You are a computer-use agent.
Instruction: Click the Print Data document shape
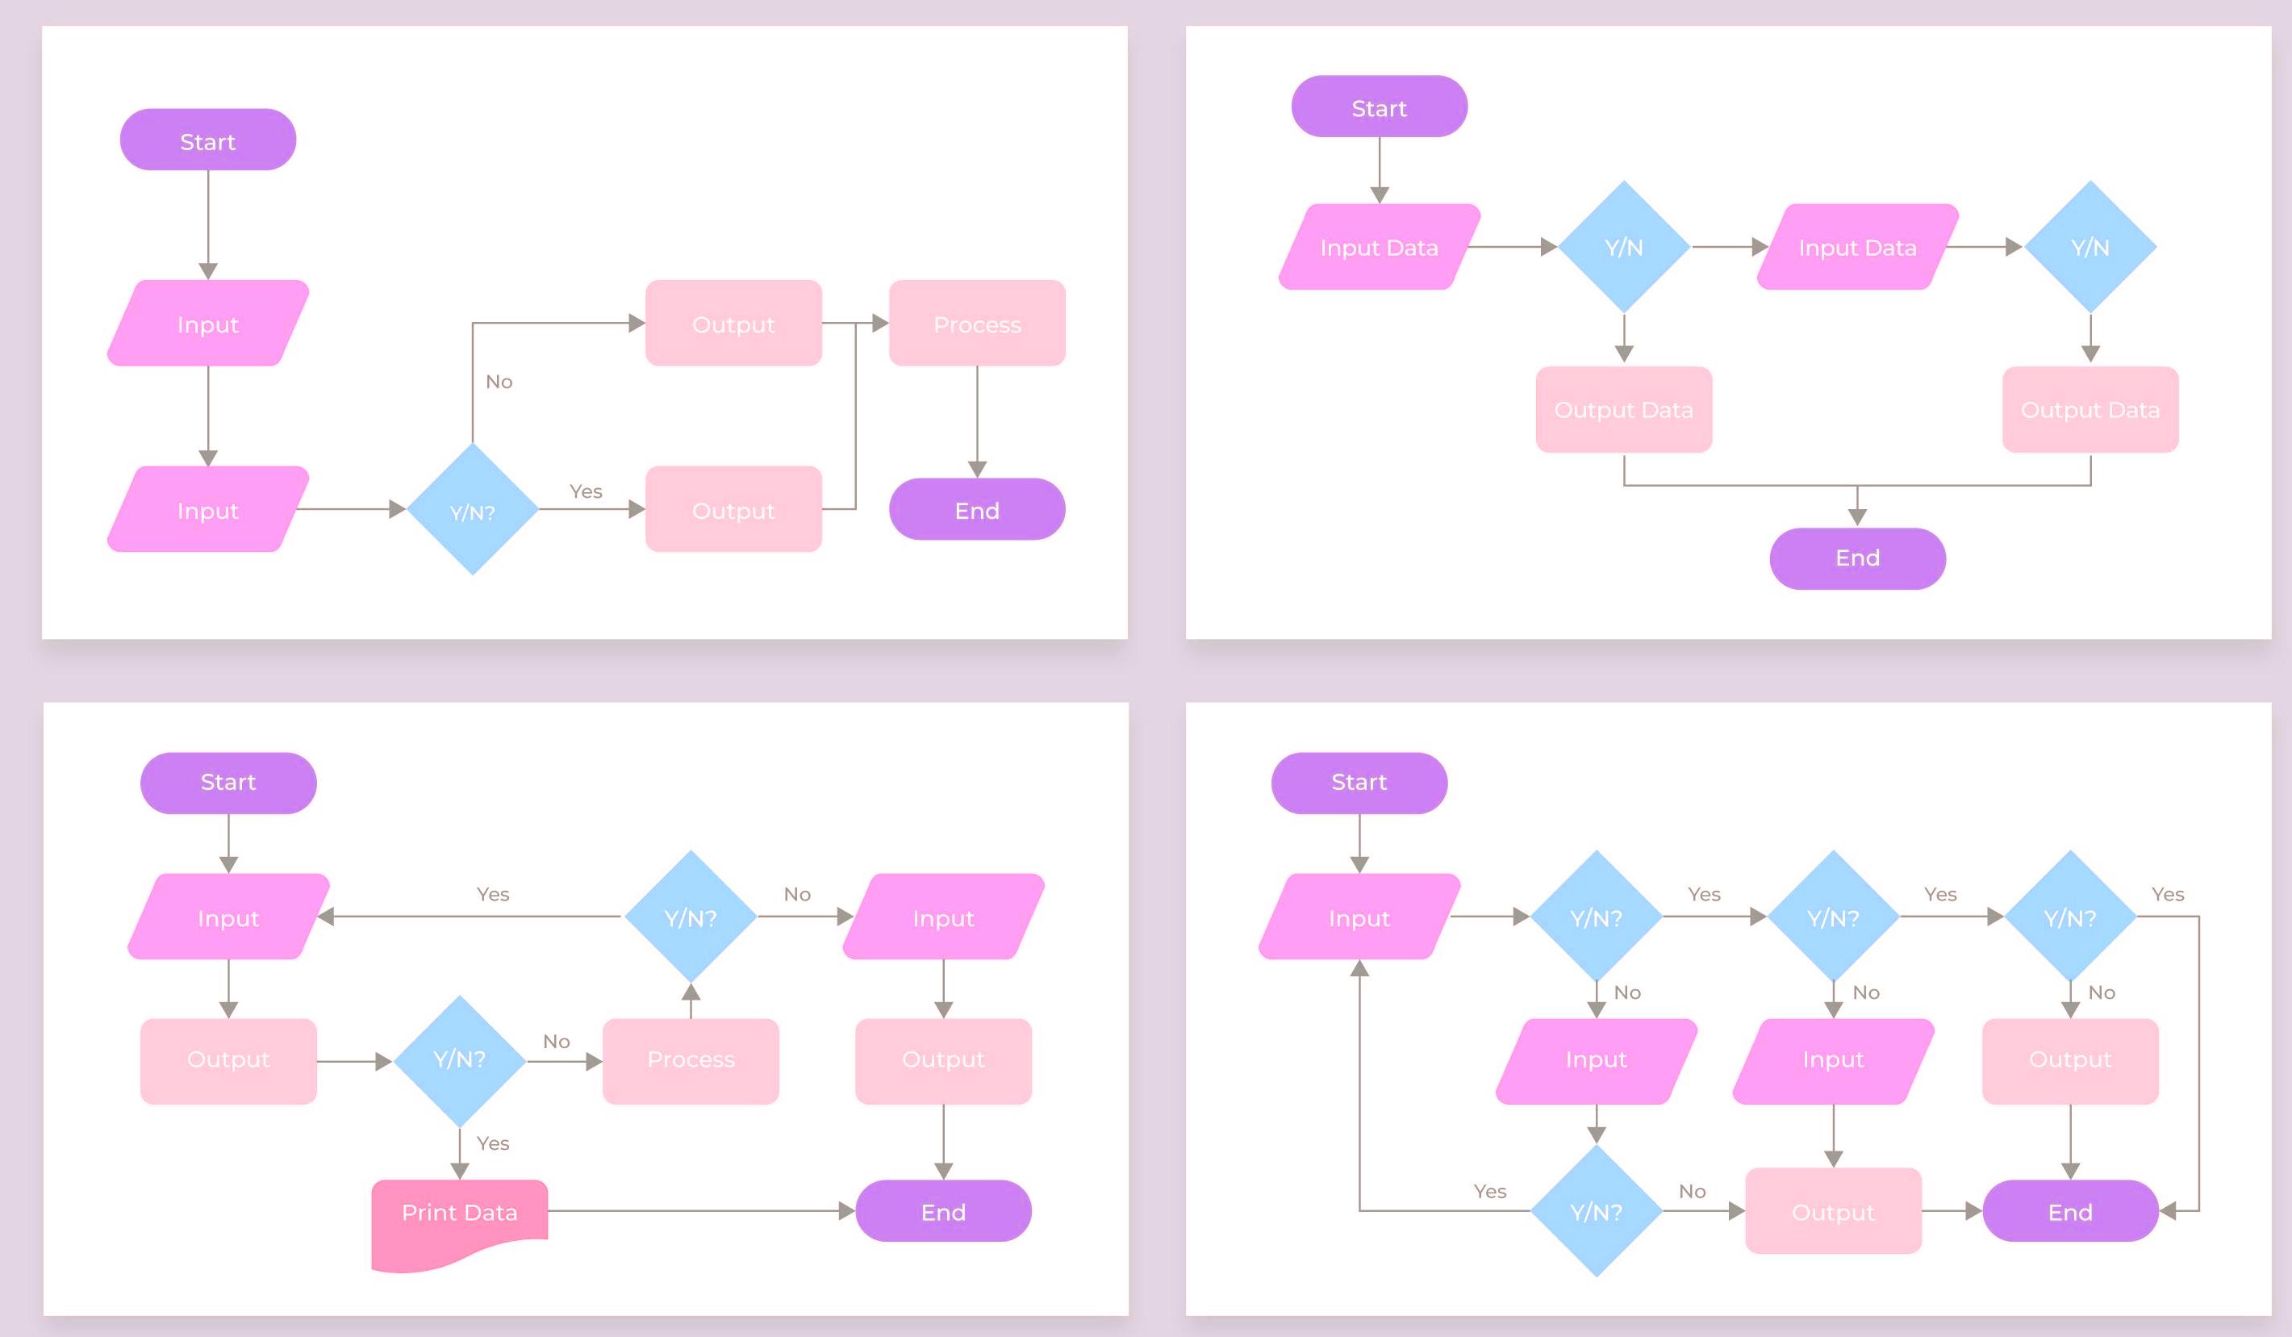click(459, 1218)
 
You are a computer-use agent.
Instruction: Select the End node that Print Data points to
click(943, 1211)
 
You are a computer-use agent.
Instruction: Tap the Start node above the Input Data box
click(1379, 107)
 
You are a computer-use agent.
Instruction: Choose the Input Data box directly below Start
click(1379, 248)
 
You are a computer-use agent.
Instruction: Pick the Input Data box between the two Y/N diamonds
click(1857, 248)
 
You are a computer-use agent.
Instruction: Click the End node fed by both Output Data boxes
click(1857, 558)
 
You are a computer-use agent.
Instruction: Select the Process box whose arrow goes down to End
click(977, 324)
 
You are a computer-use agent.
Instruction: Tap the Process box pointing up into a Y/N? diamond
click(691, 1060)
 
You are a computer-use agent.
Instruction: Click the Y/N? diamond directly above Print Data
click(459, 1060)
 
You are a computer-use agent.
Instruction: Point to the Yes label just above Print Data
click(493, 1143)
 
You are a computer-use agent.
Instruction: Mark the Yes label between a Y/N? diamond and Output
click(586, 491)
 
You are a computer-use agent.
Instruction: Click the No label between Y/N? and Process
click(557, 1042)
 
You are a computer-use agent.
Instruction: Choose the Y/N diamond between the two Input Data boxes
click(1623, 248)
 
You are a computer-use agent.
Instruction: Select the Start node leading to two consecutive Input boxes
click(207, 140)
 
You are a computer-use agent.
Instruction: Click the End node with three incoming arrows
click(2070, 1211)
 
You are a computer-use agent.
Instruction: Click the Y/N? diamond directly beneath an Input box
click(1597, 1211)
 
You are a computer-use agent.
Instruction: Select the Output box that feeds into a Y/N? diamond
click(228, 1060)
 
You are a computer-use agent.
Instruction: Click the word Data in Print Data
click(491, 1213)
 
